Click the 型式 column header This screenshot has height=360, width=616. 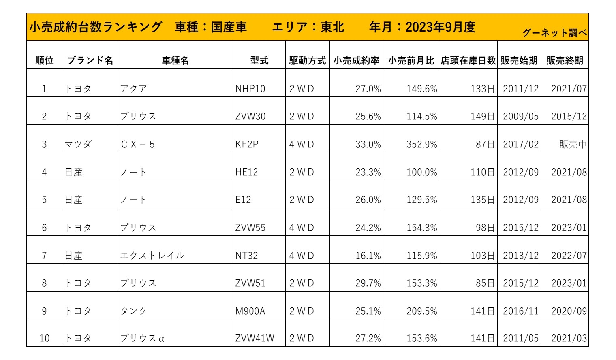click(259, 61)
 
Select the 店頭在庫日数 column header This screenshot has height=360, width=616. click(468, 61)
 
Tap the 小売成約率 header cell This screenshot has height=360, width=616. click(356, 61)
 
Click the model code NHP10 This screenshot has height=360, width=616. click(250, 89)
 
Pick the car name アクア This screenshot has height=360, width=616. click(134, 89)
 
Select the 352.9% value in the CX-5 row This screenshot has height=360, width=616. click(422, 145)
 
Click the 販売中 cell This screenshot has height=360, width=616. click(573, 145)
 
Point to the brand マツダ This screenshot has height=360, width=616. click(78, 145)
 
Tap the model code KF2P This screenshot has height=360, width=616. click(247, 145)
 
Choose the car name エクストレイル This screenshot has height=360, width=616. click(152, 256)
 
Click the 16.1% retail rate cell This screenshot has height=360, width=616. click(368, 256)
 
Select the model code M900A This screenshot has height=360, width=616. click(250, 311)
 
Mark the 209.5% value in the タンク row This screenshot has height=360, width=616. click(422, 311)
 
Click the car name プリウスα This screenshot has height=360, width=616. click(142, 339)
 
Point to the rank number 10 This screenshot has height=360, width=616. click(44, 339)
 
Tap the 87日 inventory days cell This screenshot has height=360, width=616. click(485, 145)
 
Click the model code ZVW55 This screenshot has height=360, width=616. click(250, 228)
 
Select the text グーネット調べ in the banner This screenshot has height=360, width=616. click(554, 33)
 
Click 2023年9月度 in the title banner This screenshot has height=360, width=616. click(440, 27)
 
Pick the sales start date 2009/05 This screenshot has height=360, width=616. click(521, 117)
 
